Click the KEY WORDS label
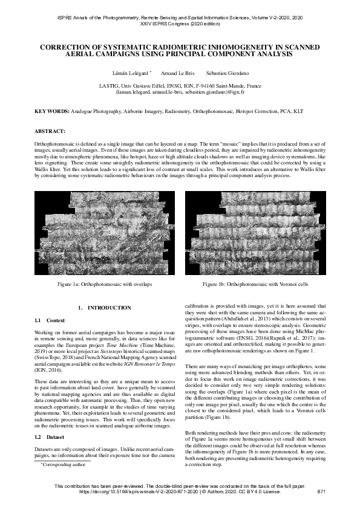[x=52, y=112]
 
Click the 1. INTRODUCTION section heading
[x=103, y=308]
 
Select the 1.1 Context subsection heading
[x=50, y=320]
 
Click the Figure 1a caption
[x=104, y=283]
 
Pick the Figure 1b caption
[x=255, y=283]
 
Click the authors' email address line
[x=180, y=92]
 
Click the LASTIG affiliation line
[x=180, y=86]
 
